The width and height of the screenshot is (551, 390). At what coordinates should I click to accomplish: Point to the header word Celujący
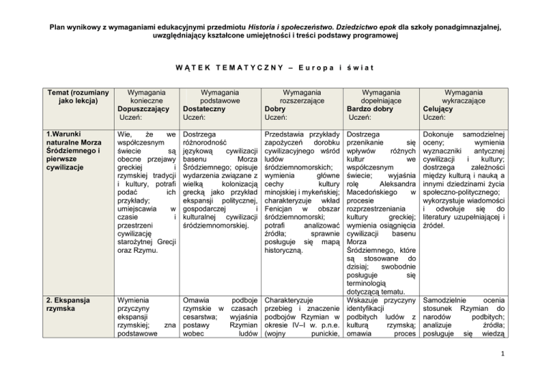[443, 108]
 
